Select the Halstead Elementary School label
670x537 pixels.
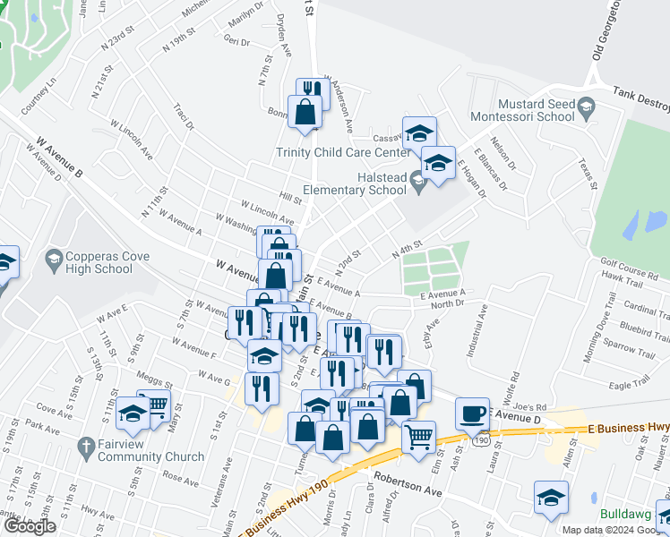coord(355,183)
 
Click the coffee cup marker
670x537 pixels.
coord(472,413)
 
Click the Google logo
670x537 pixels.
coord(30,526)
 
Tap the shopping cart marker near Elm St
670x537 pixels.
coord(418,437)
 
